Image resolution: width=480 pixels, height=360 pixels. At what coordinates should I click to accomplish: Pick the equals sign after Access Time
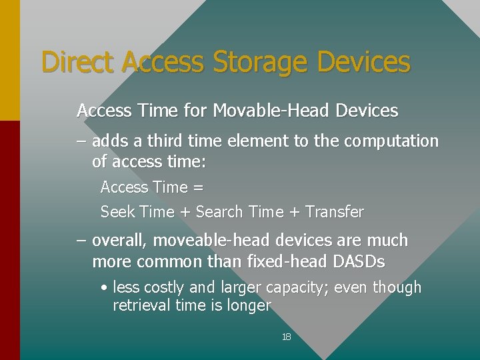[x=198, y=187]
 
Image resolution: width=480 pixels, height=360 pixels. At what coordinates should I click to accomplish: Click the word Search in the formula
[x=219, y=212]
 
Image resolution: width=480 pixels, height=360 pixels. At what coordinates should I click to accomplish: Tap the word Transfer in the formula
[x=335, y=212]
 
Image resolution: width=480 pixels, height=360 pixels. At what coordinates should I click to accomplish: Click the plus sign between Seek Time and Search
[x=185, y=213]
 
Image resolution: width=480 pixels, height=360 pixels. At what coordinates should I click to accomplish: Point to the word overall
[x=116, y=241]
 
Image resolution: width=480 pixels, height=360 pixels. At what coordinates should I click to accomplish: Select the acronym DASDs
[x=358, y=262]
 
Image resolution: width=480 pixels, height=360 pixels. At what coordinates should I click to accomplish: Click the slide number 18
[x=287, y=337]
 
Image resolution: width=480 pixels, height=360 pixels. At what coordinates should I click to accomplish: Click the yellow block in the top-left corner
[x=9, y=60]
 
